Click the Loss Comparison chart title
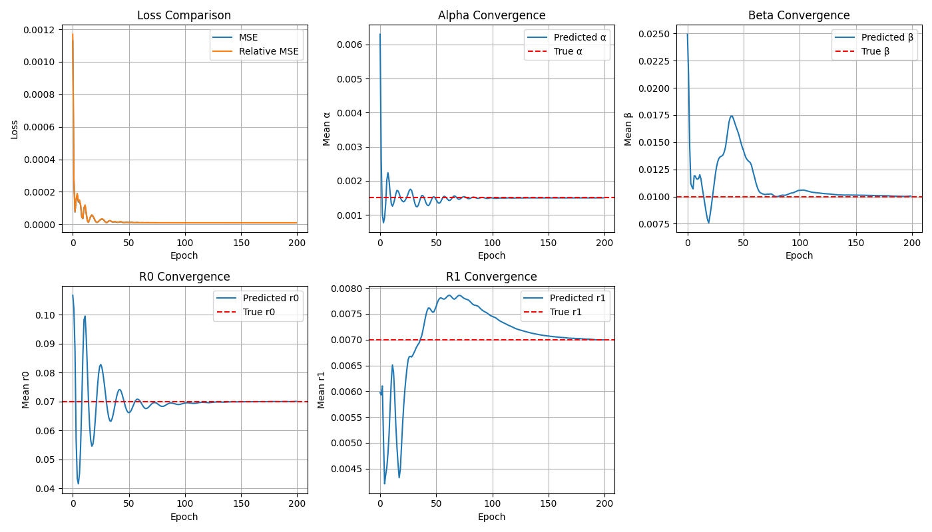184,15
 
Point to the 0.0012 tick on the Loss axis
43,30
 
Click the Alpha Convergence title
491,15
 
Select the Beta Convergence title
799,15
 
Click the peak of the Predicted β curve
732,116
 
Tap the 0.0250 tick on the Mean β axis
656,34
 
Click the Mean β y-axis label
628,128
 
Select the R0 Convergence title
184,277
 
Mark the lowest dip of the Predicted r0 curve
78,483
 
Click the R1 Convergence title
491,277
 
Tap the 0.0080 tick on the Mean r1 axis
348,289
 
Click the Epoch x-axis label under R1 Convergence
491,517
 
